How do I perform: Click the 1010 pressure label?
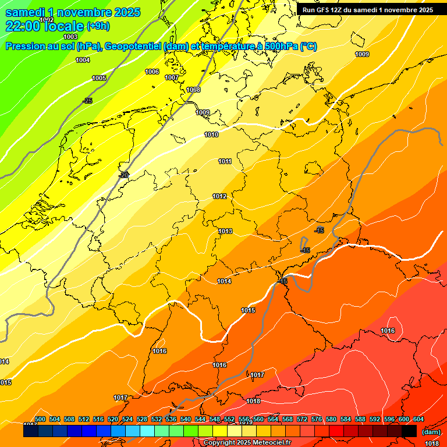click(211, 135)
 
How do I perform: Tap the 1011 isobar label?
click(225, 162)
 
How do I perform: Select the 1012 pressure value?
click(219, 197)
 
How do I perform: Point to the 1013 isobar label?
click(226, 232)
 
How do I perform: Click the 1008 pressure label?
click(193, 90)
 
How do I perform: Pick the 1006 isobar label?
click(152, 72)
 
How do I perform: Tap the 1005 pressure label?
click(99, 78)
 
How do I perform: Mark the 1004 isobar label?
click(83, 61)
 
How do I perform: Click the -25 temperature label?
click(87, 101)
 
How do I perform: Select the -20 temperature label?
click(123, 175)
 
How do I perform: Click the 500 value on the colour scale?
click(40, 420)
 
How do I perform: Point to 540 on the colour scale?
click(185, 420)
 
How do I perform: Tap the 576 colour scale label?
click(317, 420)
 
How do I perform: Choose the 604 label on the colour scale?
click(418, 420)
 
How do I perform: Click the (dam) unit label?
click(431, 432)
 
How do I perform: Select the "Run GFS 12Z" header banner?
click(367, 10)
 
